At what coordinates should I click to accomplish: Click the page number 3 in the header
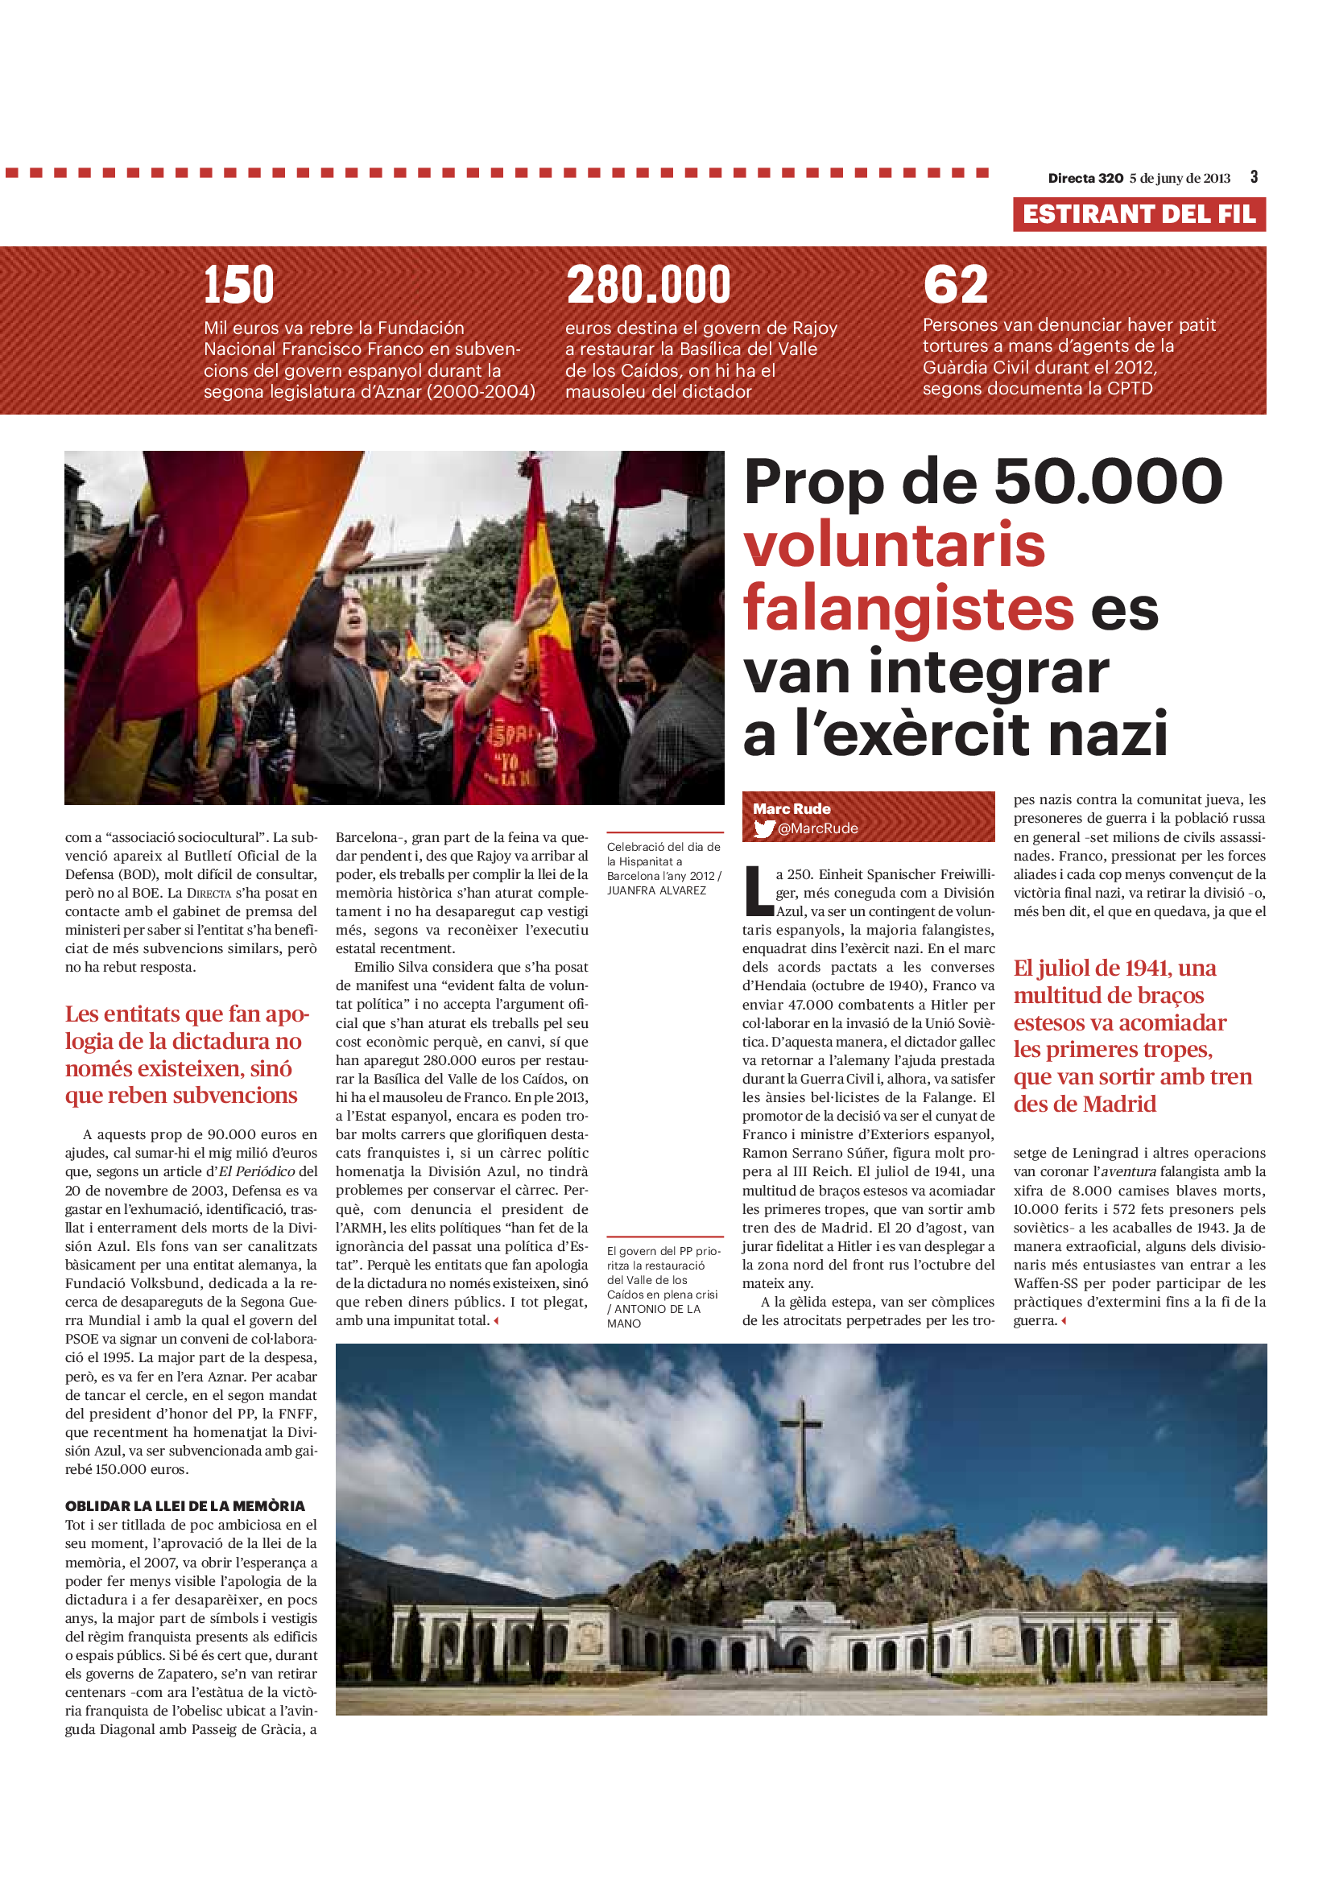click(1254, 177)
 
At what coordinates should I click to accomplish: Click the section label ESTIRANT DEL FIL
click(1139, 214)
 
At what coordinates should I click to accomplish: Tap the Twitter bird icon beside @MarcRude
click(764, 829)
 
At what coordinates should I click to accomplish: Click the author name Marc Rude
click(792, 808)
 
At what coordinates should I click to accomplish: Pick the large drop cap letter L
click(757, 891)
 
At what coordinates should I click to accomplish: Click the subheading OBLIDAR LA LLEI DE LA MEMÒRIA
click(184, 1505)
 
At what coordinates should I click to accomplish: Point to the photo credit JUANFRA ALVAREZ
click(656, 890)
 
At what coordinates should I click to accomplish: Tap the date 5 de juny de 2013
click(1180, 178)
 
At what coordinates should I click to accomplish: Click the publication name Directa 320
click(1085, 178)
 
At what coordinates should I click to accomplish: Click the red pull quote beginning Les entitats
click(188, 1055)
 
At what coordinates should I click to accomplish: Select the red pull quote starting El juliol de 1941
click(1132, 1036)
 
